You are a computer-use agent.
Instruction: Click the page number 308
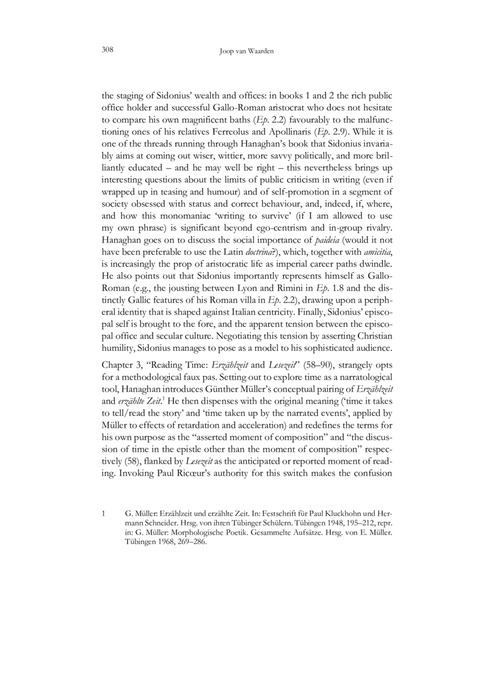tap(106, 49)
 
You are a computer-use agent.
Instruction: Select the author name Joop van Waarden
tap(247, 51)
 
